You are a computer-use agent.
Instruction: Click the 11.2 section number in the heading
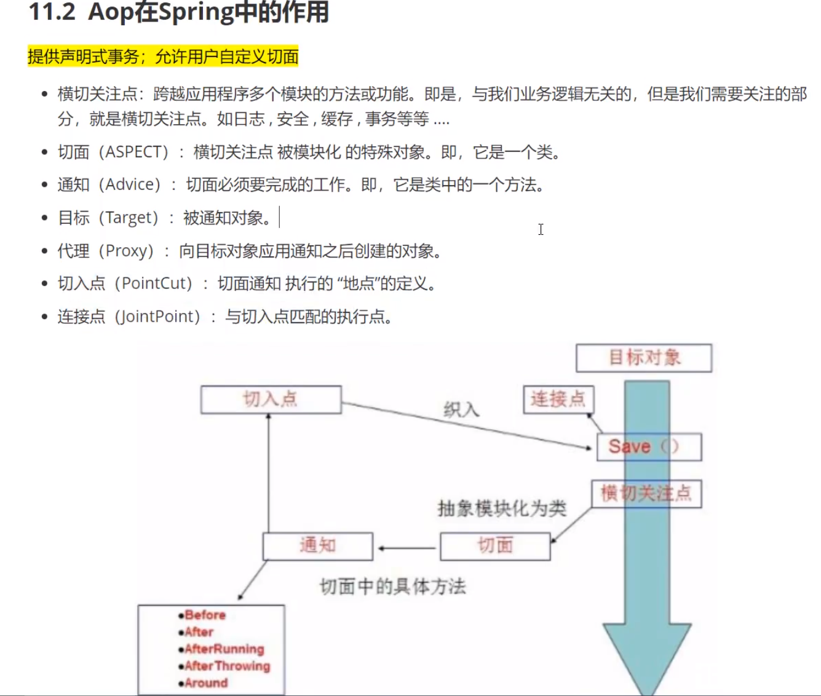[52, 12]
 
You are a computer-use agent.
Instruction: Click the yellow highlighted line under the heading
[163, 57]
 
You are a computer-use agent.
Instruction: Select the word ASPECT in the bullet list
[137, 152]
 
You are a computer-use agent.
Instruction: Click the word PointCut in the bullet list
[157, 283]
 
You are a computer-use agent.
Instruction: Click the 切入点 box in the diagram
[271, 400]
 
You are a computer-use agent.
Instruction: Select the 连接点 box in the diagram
[558, 400]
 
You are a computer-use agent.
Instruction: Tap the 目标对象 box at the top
[644, 358]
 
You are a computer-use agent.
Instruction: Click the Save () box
[649, 447]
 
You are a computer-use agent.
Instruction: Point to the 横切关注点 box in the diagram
[646, 494]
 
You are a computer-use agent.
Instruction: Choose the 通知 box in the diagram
[317, 546]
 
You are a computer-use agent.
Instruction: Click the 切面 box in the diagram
[495, 546]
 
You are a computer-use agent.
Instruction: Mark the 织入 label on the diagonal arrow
[461, 409]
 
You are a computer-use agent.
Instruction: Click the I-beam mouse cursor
[541, 229]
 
